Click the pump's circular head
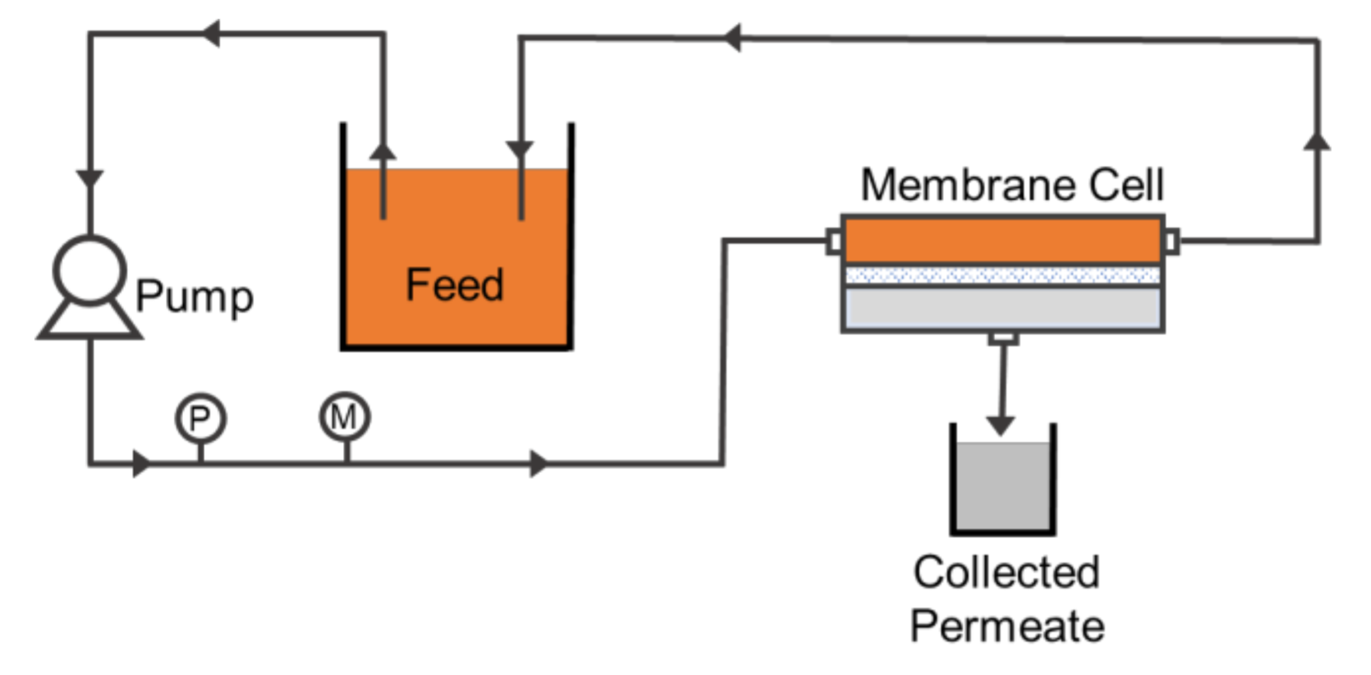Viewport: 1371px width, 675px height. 90,270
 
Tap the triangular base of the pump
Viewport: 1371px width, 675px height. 90,321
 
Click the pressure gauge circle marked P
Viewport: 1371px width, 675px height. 201,418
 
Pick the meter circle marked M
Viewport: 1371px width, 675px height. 345,416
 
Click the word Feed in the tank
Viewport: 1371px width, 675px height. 455,285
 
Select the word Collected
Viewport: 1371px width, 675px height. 1006,572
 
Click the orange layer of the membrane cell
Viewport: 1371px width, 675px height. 1002,241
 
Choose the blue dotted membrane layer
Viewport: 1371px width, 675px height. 1002,275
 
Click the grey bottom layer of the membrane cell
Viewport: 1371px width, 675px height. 1002,308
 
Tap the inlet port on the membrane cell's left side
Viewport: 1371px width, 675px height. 833,241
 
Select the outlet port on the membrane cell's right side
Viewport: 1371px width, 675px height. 1171,241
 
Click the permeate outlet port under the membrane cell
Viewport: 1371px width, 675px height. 1003,337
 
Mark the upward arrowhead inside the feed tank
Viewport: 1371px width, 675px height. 383,152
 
